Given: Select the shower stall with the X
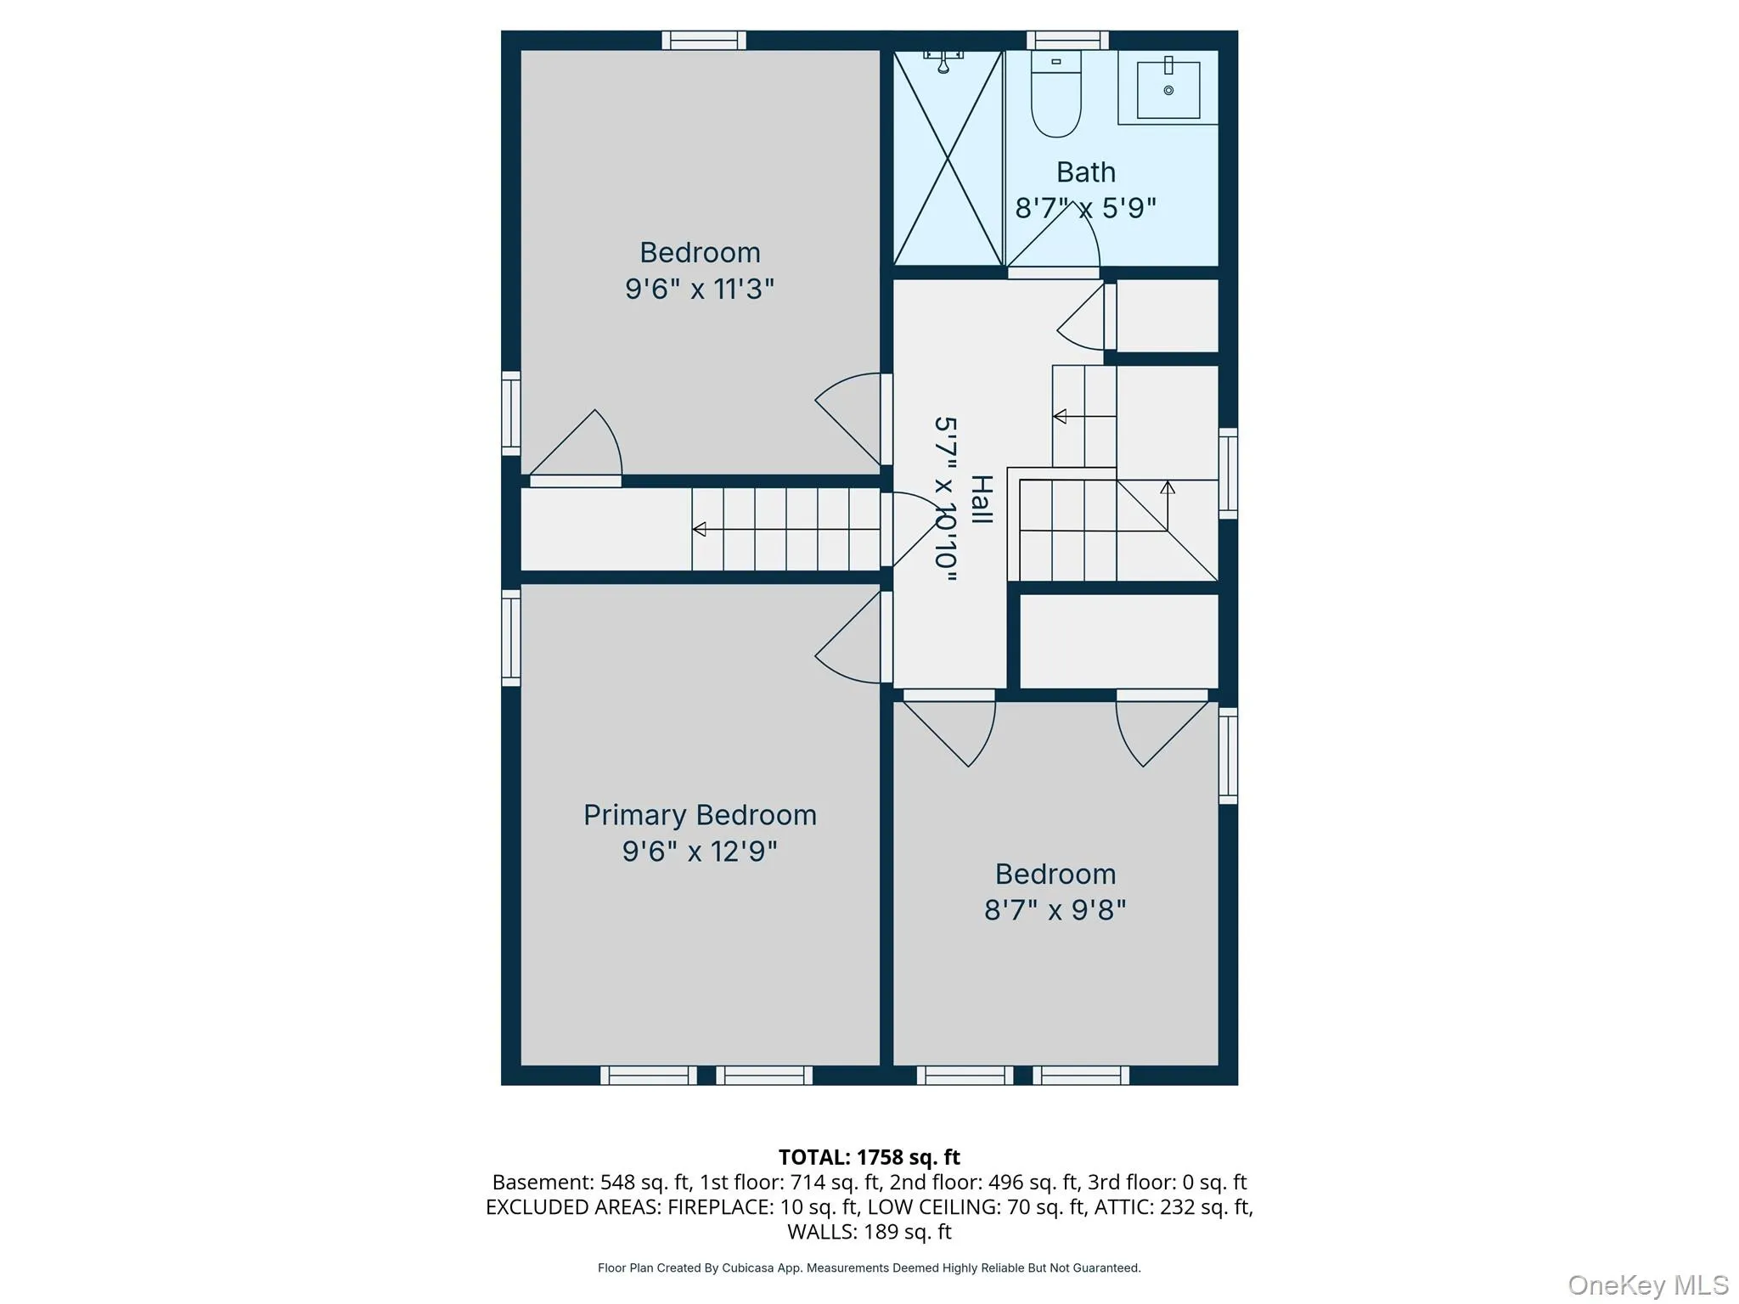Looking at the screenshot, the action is pos(948,158).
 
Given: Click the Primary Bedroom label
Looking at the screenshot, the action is pos(700,815).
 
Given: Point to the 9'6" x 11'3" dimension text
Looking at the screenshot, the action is pos(700,289).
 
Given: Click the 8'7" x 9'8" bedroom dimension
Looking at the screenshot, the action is pos(1055,910).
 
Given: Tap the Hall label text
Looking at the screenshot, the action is pos(982,499).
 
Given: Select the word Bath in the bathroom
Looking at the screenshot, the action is pos(1086,172).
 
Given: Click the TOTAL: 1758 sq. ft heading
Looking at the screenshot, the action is pos(869,1157).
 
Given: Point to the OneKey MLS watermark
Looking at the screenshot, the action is pos(1648,1284).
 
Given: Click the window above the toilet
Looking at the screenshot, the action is pos(1067,40).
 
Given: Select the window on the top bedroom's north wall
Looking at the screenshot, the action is pos(704,40).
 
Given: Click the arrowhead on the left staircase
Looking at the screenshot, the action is pos(699,529).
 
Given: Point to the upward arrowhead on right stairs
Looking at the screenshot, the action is pos(1168,487).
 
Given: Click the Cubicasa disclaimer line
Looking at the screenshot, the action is pos(869,1267).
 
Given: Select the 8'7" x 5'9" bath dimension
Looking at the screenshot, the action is pos(1086,208).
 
